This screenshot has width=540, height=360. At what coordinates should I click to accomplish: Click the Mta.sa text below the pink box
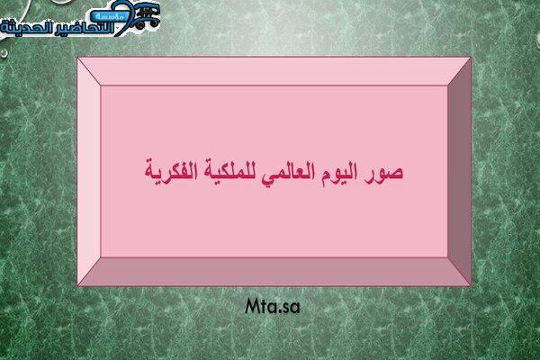coord(273,306)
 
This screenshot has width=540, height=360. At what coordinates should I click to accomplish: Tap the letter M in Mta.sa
coord(253,306)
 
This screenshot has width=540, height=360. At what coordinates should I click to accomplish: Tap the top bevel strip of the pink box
coord(274,71)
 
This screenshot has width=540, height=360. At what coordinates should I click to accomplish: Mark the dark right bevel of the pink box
coord(459,171)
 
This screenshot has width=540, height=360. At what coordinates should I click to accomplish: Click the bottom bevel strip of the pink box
coord(274,271)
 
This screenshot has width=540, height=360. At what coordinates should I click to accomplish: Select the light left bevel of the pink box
coord(89,171)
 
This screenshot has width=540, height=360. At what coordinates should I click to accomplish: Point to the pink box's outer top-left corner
coord(77,58)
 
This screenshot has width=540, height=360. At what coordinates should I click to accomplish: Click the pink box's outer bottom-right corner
coord(471,285)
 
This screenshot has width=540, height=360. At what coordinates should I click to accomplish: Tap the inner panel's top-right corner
coord(447,85)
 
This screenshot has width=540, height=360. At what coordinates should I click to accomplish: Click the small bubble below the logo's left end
coord(4,53)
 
